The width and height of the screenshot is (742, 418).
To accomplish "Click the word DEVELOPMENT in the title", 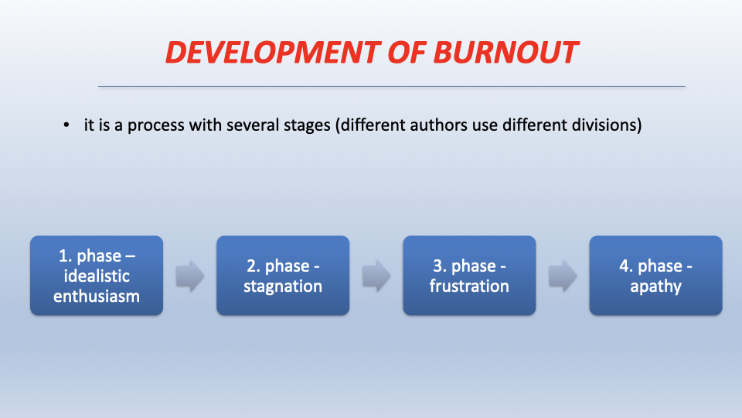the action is point(273,52).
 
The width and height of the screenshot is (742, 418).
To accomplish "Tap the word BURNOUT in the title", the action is point(505,52).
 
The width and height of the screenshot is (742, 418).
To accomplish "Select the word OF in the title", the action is point(407,52).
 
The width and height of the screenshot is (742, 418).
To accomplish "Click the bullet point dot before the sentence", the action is point(66,125).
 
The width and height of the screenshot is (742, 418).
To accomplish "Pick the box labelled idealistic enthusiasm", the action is point(97,276).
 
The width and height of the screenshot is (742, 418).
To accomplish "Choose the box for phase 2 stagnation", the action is point(283,276).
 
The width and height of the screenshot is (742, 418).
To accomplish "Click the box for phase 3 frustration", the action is point(469,276).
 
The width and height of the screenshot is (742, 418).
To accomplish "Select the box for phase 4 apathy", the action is point(656,276).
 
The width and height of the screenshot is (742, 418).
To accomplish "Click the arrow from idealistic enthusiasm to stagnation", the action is point(190,276).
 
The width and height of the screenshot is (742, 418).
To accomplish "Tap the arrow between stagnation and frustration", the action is point(376,276).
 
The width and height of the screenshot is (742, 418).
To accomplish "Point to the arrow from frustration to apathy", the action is point(563,276).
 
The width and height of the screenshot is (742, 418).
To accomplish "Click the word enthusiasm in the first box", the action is point(97,296).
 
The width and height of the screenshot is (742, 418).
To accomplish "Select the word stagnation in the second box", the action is point(283,286).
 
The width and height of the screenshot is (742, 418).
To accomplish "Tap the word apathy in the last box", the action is point(656,286).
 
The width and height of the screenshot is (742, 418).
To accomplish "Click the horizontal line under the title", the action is point(391,86).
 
